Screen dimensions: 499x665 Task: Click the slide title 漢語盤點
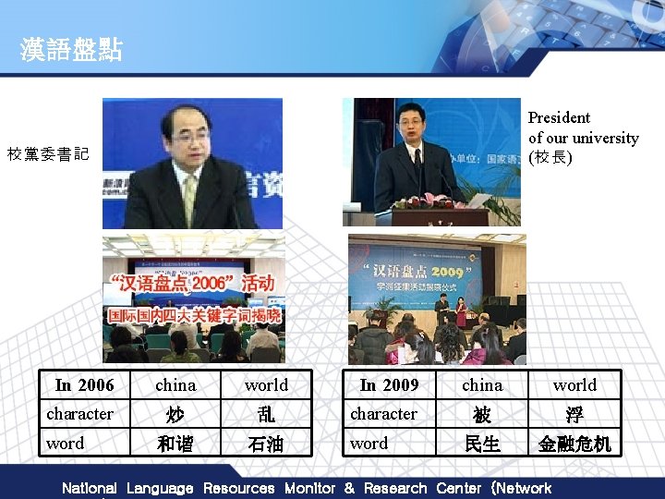point(72,50)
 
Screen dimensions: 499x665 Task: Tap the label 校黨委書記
point(48,154)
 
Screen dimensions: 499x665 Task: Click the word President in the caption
point(559,117)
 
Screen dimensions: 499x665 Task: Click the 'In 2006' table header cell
point(84,385)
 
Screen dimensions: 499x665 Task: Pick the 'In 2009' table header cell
point(389,385)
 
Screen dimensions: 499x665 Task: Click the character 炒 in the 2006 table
point(175,415)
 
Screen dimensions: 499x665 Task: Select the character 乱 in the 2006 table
point(266,415)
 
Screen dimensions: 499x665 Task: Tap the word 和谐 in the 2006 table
point(175,444)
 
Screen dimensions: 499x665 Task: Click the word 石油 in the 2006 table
point(266,444)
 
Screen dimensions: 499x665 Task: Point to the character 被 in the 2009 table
point(482,415)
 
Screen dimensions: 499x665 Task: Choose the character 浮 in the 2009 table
point(574,415)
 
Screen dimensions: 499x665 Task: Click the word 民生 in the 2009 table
point(482,444)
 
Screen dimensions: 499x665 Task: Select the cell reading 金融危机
point(574,444)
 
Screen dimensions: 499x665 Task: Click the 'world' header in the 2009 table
point(574,385)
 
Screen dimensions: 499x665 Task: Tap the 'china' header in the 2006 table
point(175,385)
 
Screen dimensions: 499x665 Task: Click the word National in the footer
point(89,488)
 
